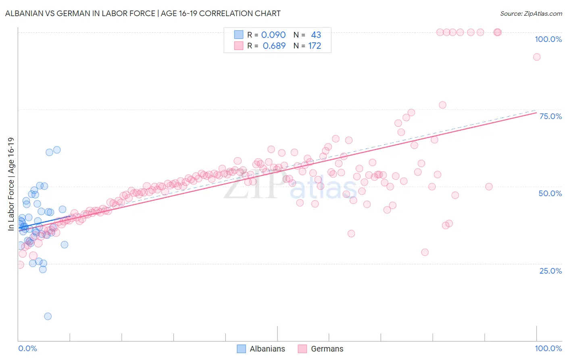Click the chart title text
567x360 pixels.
tap(143, 13)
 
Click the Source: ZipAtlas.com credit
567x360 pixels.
tap(531, 13)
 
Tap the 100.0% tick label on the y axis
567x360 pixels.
tap(548, 39)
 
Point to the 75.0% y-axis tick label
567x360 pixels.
tap(550, 116)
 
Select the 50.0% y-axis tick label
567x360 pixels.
tap(550, 193)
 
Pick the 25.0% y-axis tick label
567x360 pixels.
tap(550, 271)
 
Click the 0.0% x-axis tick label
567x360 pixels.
tap(27, 348)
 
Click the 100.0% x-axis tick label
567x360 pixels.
tap(548, 348)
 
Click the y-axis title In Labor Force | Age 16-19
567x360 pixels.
tap(11, 184)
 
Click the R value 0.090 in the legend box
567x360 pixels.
tap(273, 35)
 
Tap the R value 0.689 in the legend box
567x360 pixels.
tap(274, 46)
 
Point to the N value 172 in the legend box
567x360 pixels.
tap(315, 46)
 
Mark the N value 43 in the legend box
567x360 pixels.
tap(316, 35)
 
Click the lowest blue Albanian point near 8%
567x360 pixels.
tap(48, 316)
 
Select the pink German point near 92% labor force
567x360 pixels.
tap(536, 57)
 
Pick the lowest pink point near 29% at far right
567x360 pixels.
tap(425, 252)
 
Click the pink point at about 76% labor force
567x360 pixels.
tap(442, 105)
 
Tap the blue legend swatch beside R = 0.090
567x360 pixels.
tap(239, 35)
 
